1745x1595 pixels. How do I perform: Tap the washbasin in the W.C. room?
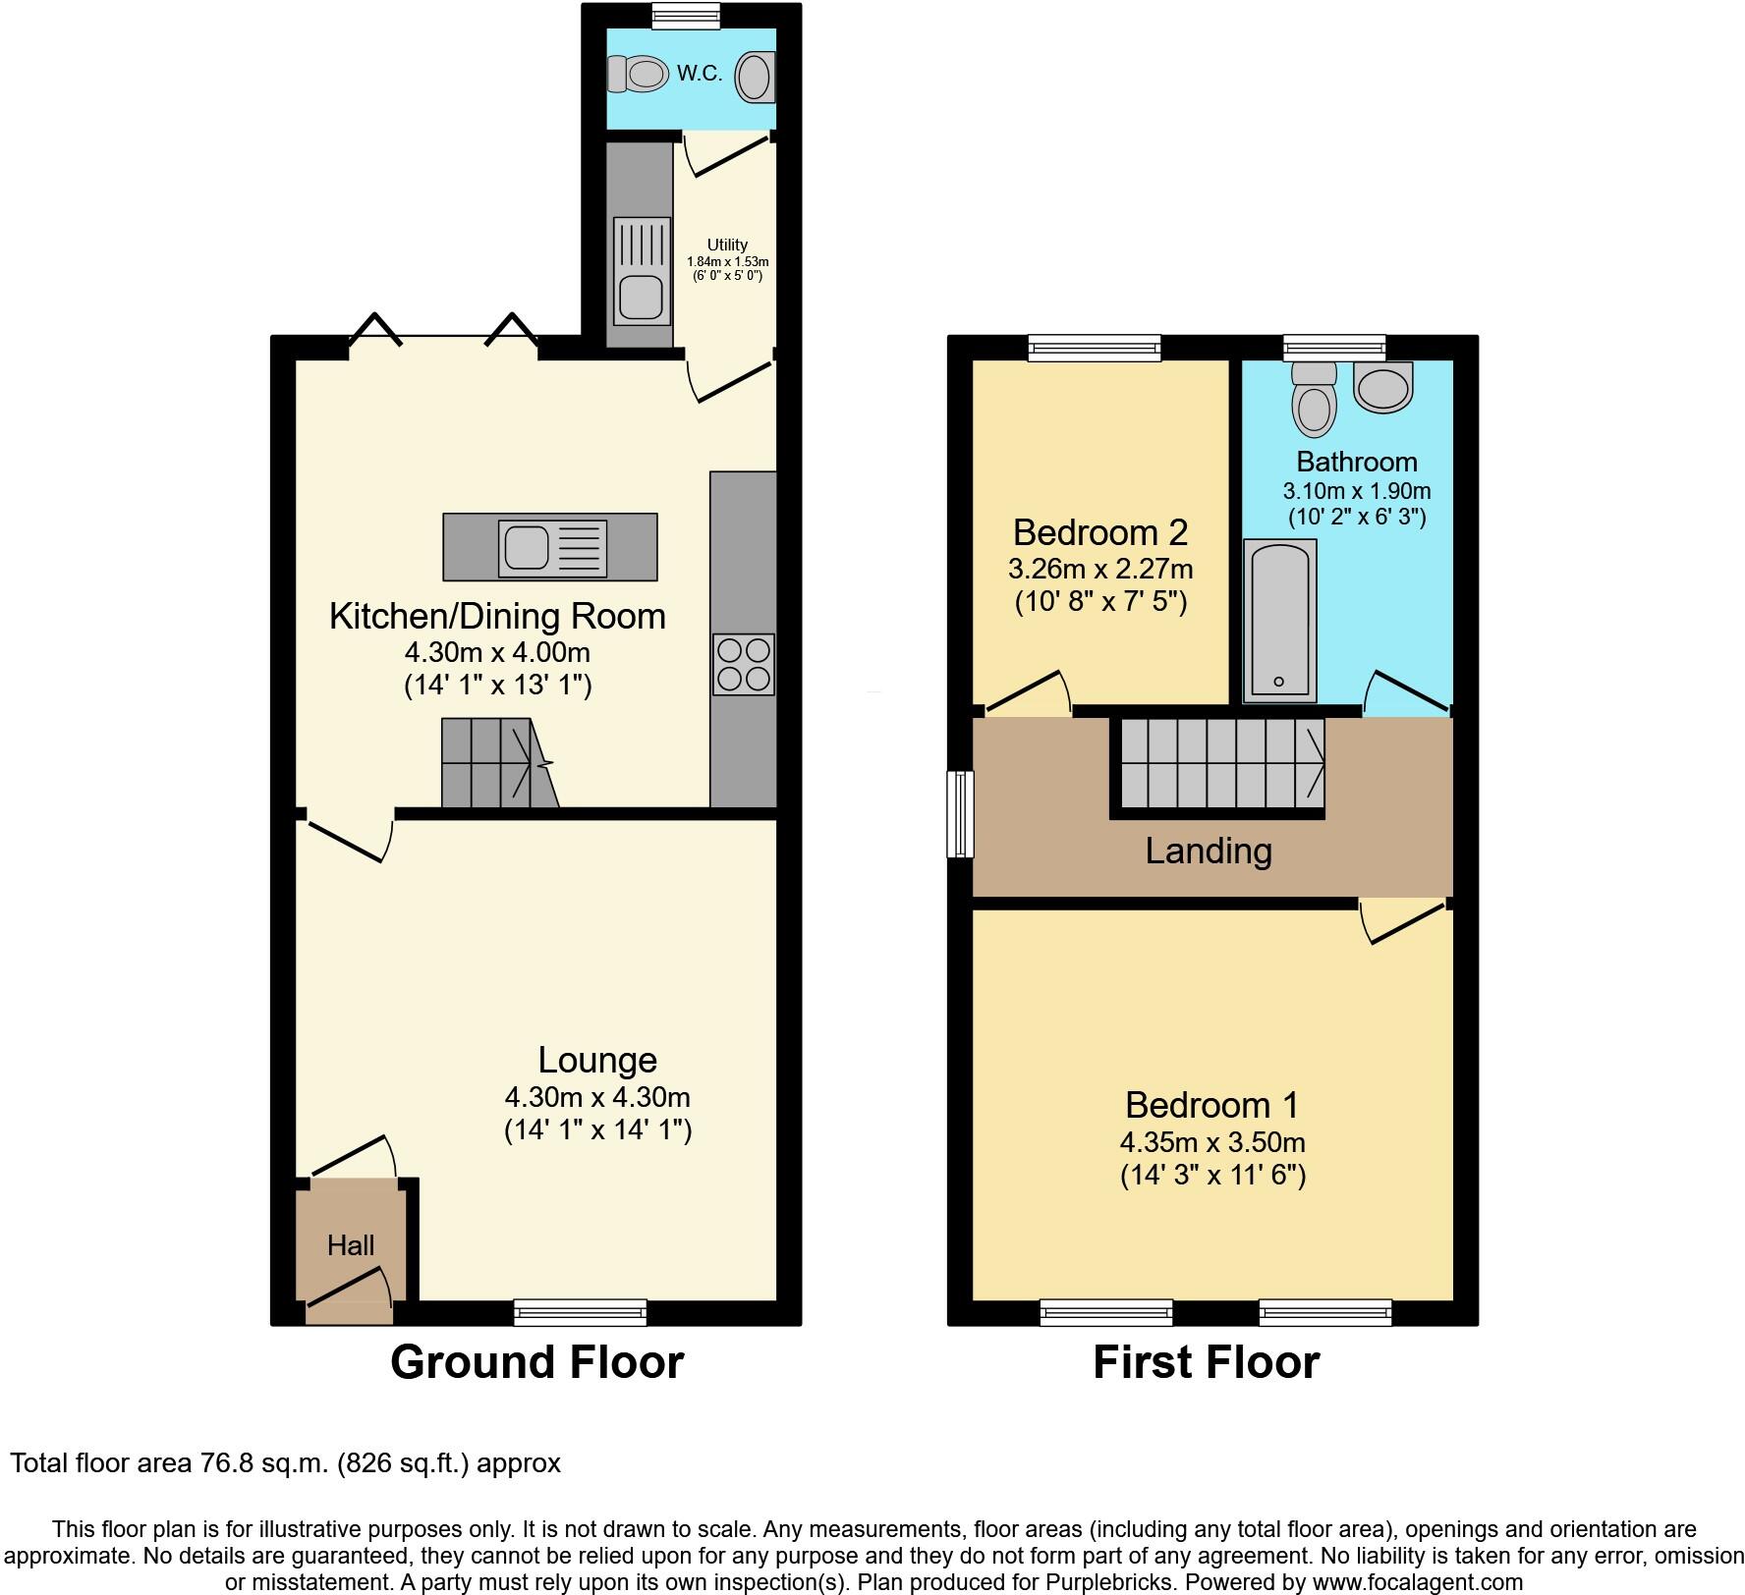[755, 77]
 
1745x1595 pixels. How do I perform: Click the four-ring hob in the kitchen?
[744, 665]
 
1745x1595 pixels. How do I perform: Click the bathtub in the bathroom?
[1279, 621]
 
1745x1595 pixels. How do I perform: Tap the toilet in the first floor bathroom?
[1314, 400]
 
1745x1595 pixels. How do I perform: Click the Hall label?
[351, 1245]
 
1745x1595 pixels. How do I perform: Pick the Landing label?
[1209, 851]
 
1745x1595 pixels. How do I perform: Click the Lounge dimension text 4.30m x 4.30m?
[597, 1096]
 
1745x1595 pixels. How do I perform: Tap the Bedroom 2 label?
[1100, 532]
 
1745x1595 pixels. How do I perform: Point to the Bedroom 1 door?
[1402, 921]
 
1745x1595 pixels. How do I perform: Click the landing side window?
[960, 814]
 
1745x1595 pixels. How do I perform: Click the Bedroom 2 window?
[1095, 347]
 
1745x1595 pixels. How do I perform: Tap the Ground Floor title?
[536, 1362]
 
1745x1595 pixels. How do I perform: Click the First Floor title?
[1207, 1362]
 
